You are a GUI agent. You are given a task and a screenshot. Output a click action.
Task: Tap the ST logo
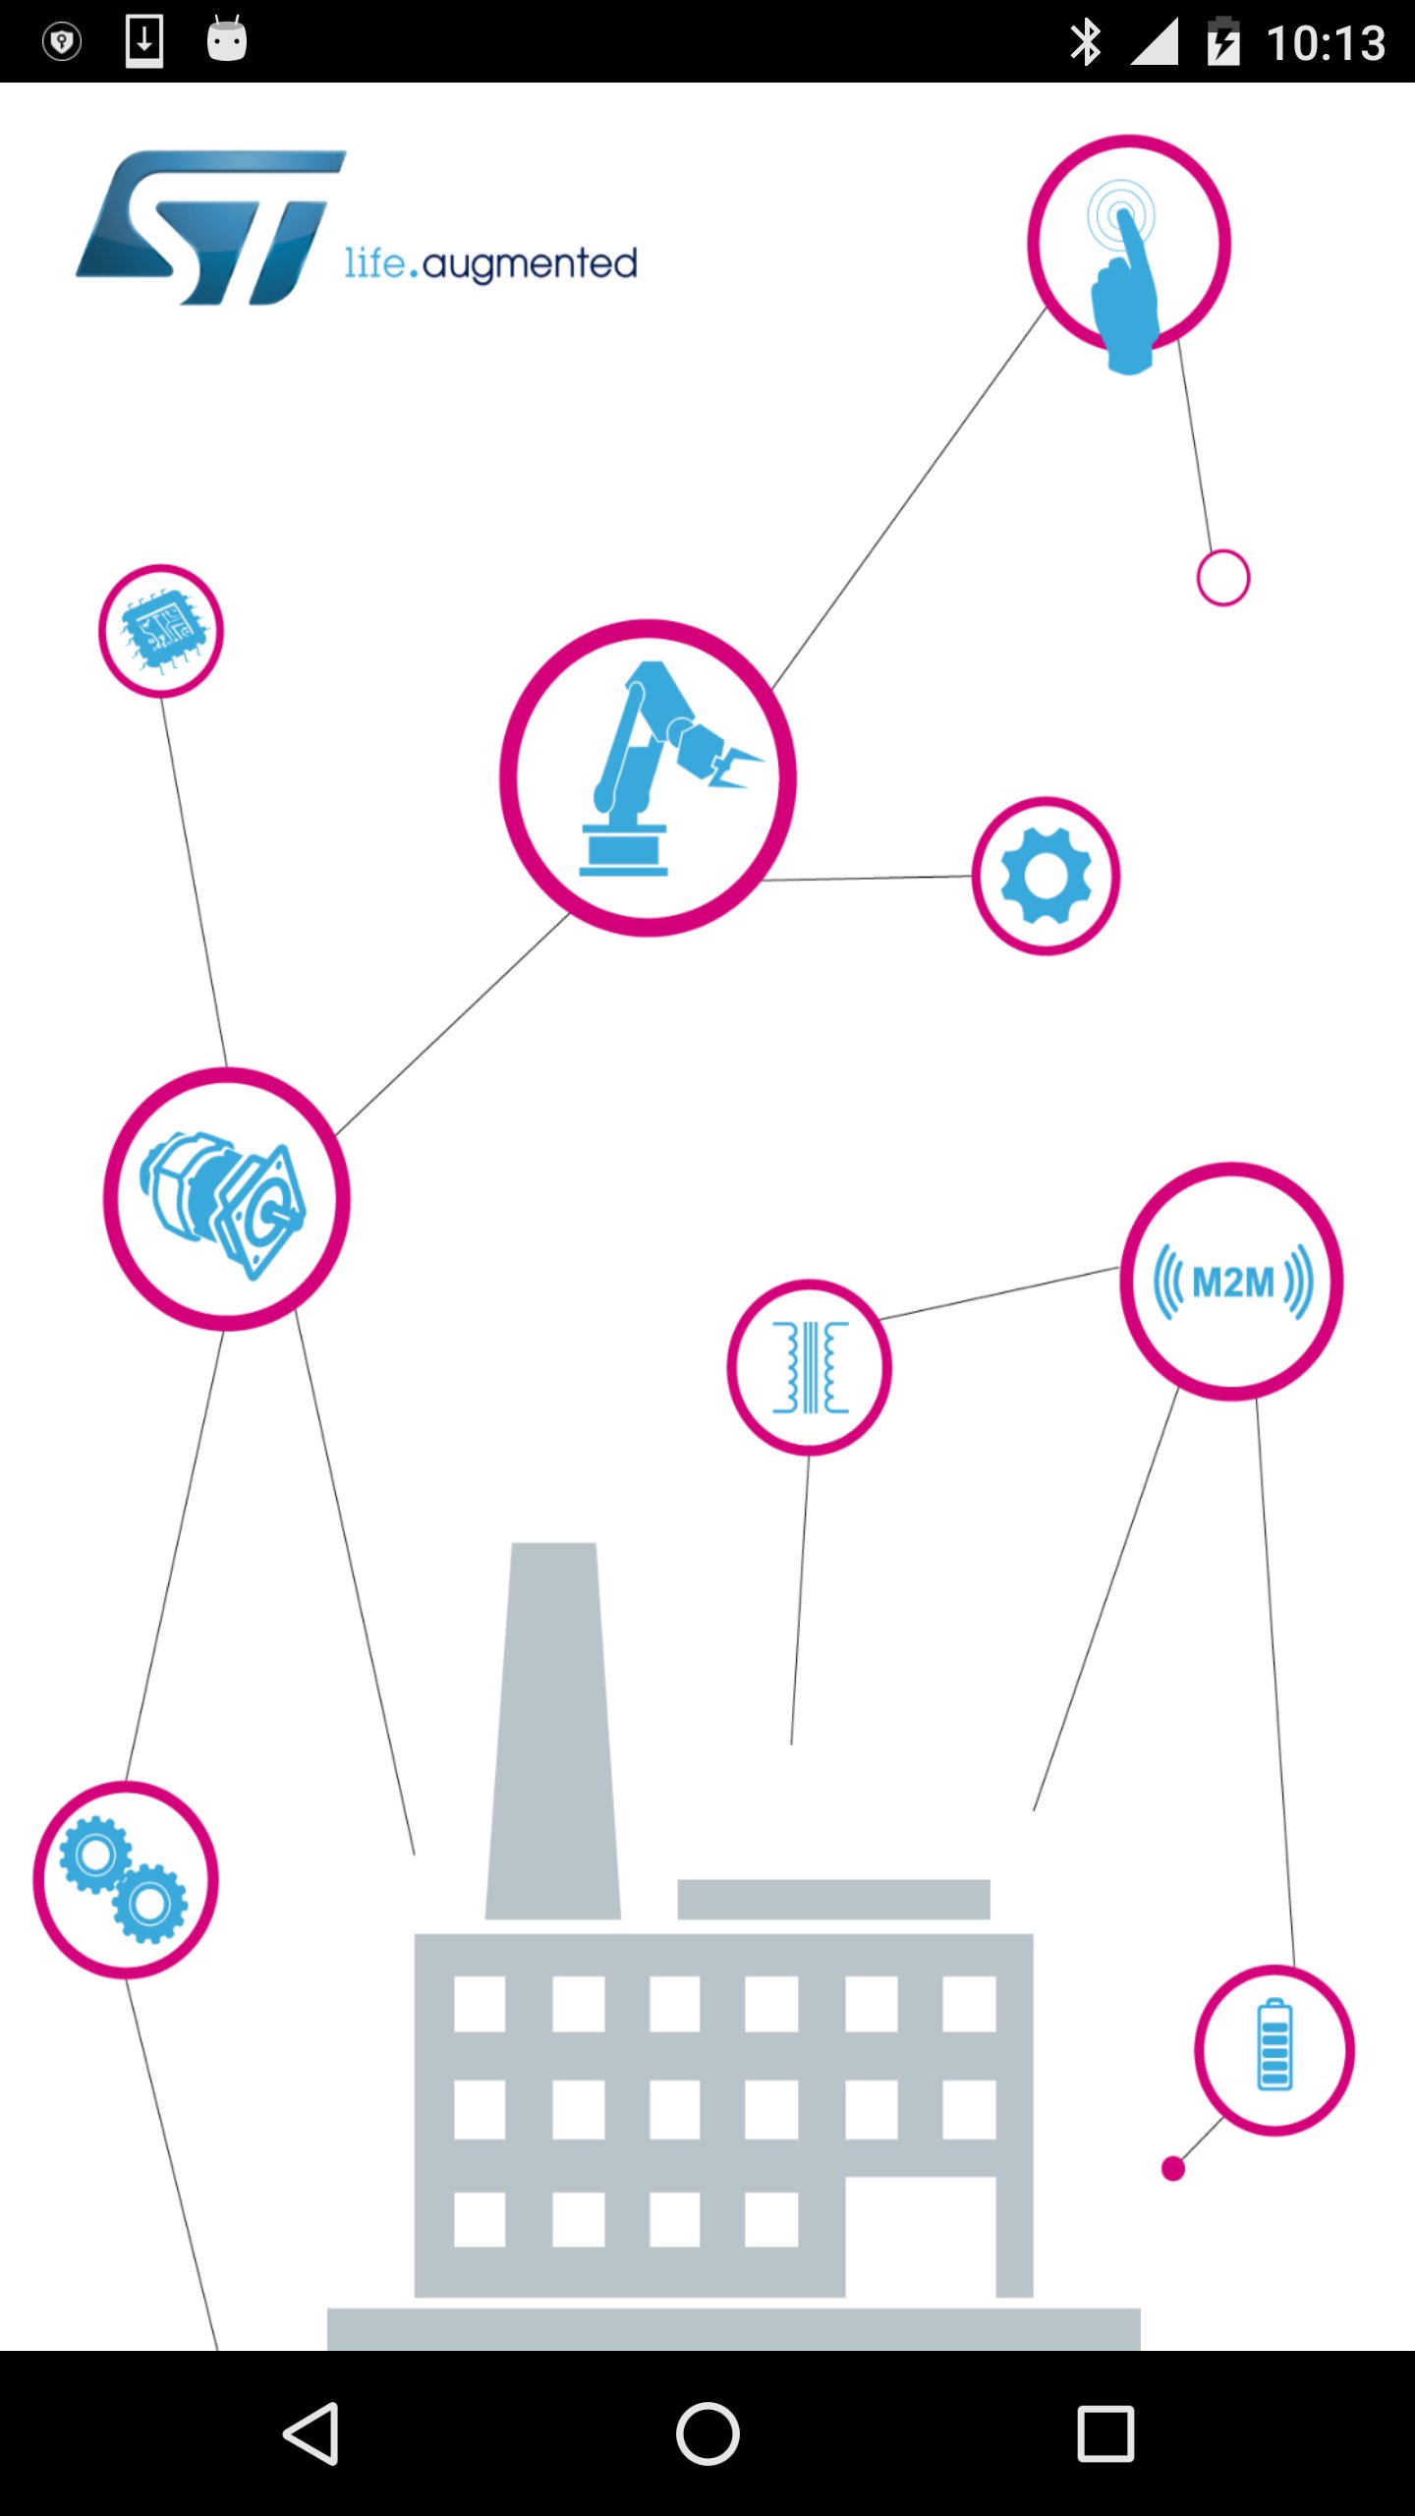click(x=211, y=228)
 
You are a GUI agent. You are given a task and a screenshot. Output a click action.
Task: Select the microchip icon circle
click(x=161, y=631)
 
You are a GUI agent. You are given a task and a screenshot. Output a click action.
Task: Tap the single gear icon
click(x=1047, y=875)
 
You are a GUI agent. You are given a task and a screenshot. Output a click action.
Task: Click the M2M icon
click(x=1232, y=1282)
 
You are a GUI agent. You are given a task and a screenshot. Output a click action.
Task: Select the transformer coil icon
click(x=810, y=1367)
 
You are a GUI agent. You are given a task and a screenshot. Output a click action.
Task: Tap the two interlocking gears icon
click(x=125, y=1880)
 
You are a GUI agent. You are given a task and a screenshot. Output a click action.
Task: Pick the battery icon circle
click(x=1274, y=2049)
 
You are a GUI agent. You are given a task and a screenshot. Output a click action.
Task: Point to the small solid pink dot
click(x=1173, y=2168)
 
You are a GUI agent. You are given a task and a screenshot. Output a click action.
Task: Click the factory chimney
click(x=553, y=1730)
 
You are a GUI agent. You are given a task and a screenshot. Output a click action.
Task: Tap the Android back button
click(x=311, y=2433)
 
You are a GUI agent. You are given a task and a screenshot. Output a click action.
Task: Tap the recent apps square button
click(x=1105, y=2433)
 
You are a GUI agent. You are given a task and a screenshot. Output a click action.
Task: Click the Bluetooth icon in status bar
click(x=1086, y=42)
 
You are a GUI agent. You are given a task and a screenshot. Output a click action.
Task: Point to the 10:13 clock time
click(x=1326, y=43)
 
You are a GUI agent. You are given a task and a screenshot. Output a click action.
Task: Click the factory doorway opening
click(x=921, y=2237)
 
